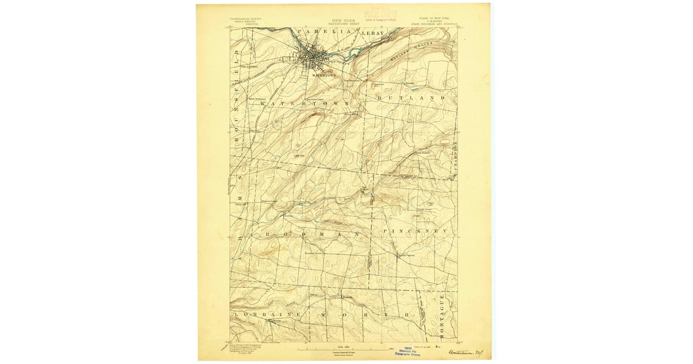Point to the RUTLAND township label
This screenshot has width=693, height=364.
click(x=411, y=99)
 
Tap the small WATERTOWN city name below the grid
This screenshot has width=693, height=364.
click(x=323, y=75)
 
